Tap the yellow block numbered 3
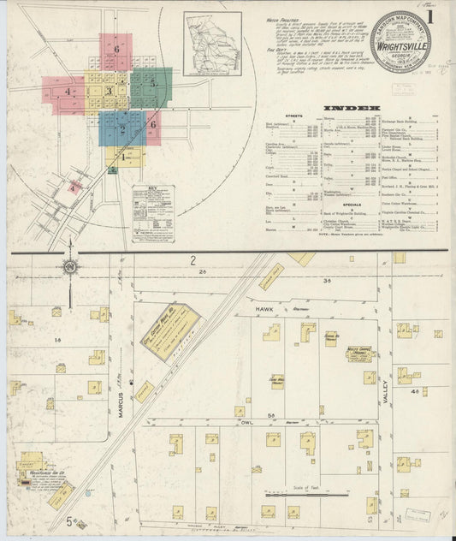click(x=109, y=91)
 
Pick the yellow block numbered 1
click(x=123, y=157)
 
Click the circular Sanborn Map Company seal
click(x=401, y=41)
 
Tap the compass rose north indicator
click(x=69, y=269)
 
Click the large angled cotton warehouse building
click(x=171, y=330)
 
